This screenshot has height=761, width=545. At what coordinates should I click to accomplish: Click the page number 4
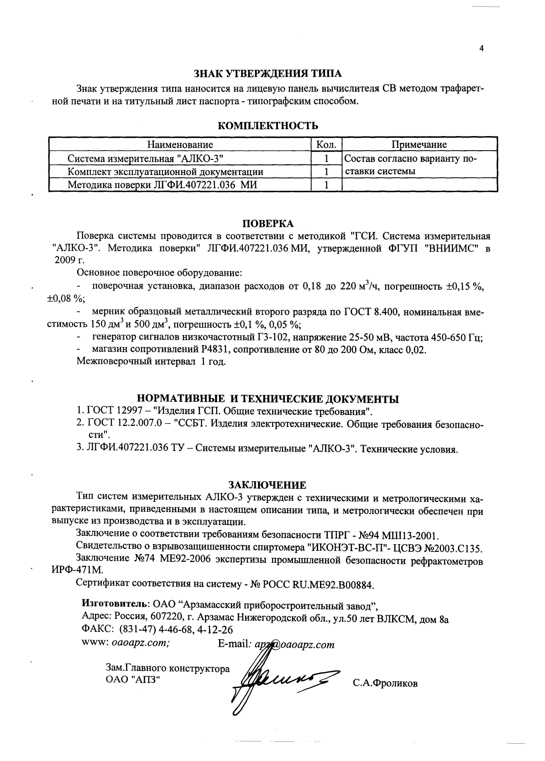pyautogui.click(x=482, y=48)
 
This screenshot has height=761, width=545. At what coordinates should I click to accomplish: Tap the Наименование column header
pyautogui.click(x=180, y=145)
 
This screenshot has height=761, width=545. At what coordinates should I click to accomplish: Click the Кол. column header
pyautogui.click(x=326, y=145)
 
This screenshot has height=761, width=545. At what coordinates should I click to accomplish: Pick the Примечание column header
pyautogui.click(x=419, y=145)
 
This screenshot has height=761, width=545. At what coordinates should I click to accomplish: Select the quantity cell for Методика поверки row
pyautogui.click(x=326, y=185)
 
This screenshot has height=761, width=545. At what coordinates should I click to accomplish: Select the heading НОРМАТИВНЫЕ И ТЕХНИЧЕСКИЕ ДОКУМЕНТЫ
pyautogui.click(x=268, y=399)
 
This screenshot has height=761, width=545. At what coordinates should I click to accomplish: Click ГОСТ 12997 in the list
pyautogui.click(x=110, y=411)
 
